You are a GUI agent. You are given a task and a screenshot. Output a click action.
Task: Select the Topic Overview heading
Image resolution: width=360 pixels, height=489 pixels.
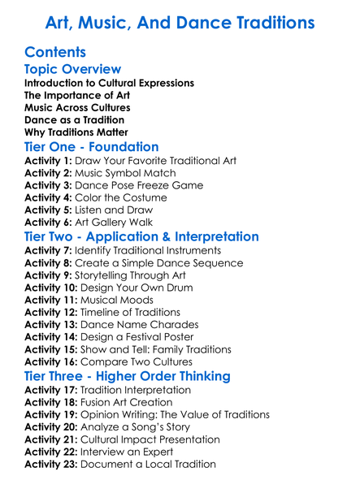[73, 70]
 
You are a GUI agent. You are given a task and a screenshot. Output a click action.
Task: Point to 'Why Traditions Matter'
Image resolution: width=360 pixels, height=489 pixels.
[76, 132]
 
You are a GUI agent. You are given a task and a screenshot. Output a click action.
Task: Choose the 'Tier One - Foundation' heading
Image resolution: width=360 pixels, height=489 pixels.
[92, 148]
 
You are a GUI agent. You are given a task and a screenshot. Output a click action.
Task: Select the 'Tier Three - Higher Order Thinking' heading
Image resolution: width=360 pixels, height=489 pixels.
[138, 376]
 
